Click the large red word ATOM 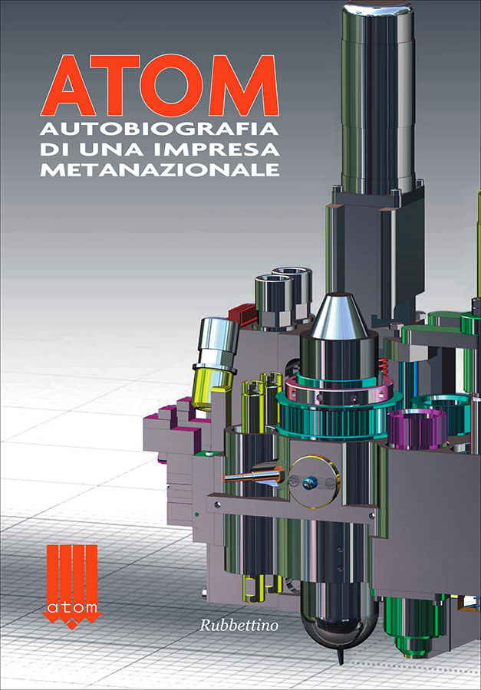tap(160, 85)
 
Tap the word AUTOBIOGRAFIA tap(160, 130)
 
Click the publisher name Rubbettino tap(239, 625)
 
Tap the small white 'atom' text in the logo tap(72, 608)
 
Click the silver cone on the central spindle tap(339, 316)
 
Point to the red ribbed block tap(242, 314)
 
